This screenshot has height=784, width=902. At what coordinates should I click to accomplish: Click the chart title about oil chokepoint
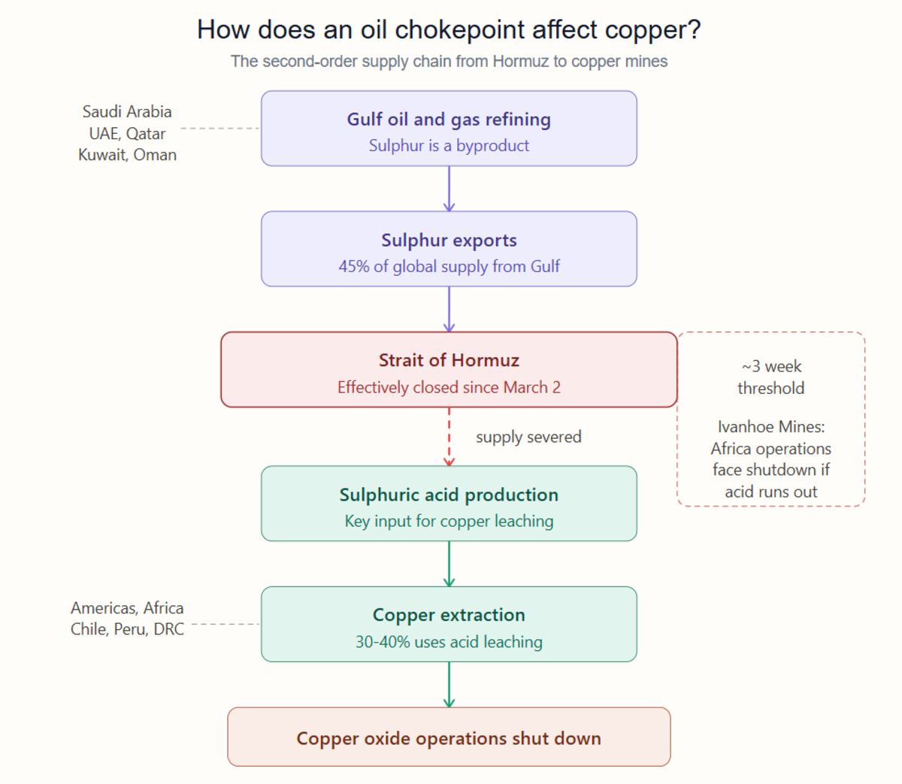click(449, 30)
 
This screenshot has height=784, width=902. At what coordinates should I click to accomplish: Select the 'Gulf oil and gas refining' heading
click(449, 120)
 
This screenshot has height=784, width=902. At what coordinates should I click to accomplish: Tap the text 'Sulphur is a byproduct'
click(449, 145)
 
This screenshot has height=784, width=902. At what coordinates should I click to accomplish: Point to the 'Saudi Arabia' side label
click(127, 111)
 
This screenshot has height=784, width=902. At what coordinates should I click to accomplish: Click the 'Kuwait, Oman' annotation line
click(128, 155)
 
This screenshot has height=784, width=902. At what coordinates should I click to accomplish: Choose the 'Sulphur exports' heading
click(449, 241)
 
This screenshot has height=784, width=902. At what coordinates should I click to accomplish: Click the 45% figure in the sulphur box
click(353, 266)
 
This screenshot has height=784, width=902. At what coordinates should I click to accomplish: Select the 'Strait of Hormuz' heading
click(449, 360)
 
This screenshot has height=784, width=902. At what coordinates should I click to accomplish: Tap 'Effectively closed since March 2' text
click(449, 387)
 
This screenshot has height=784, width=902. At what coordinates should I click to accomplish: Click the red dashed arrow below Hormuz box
click(449, 436)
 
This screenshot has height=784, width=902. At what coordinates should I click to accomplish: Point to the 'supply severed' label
click(528, 437)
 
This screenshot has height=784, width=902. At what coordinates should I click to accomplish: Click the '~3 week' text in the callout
click(771, 366)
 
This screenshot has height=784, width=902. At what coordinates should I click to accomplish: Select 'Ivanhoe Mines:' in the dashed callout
click(771, 427)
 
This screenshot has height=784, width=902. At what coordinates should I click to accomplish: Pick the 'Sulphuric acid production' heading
click(449, 495)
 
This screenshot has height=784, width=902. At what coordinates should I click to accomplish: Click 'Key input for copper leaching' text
click(449, 521)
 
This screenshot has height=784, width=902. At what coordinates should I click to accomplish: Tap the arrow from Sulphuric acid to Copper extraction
click(449, 564)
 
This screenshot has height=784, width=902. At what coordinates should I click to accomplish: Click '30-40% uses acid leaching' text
click(449, 642)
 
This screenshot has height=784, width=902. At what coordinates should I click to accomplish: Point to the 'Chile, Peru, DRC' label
click(127, 629)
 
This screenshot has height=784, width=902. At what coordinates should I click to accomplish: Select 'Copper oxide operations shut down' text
click(449, 739)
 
